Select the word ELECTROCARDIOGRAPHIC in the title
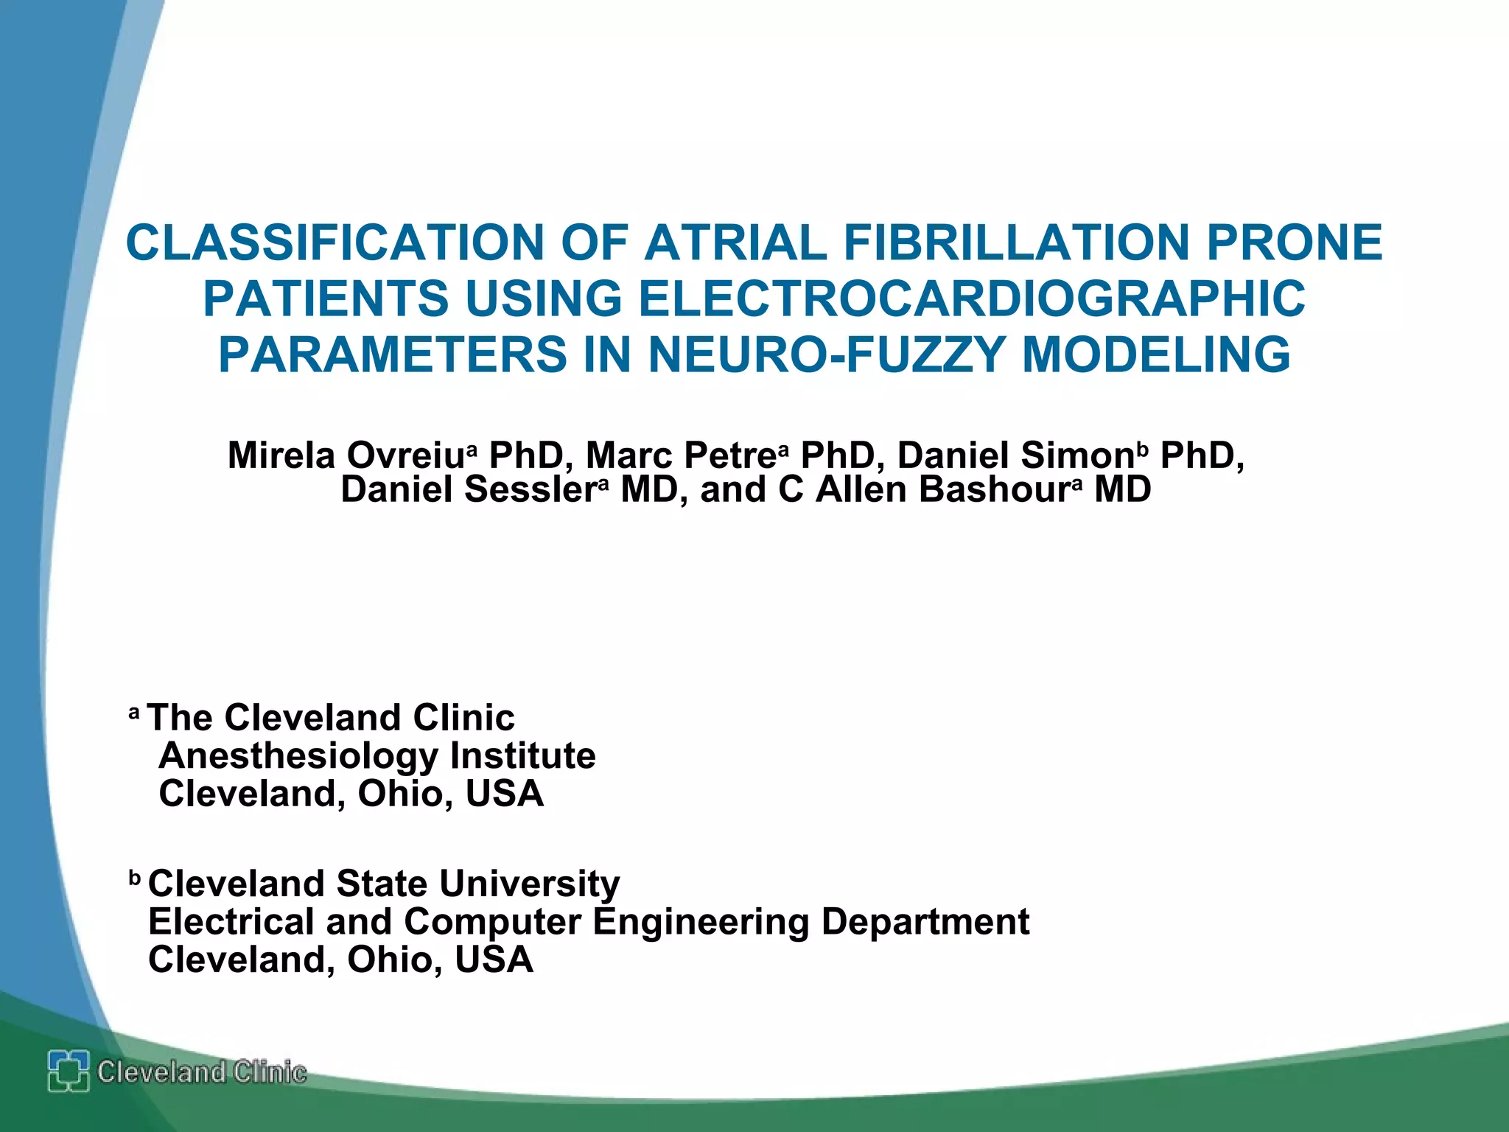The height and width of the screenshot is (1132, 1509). click(x=971, y=299)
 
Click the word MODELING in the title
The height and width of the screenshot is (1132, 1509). click(x=1156, y=355)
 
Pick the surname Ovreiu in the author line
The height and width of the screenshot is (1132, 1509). click(x=405, y=455)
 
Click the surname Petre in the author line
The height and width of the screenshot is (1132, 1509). click(x=729, y=455)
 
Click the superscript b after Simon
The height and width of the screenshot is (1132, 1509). click(x=1143, y=449)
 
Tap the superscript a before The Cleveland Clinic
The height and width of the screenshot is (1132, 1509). click(x=134, y=713)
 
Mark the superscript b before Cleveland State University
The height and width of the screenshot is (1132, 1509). click(x=135, y=878)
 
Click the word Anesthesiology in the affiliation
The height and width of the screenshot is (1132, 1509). click(x=298, y=756)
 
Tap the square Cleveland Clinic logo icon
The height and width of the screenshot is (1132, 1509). click(x=69, y=1071)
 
